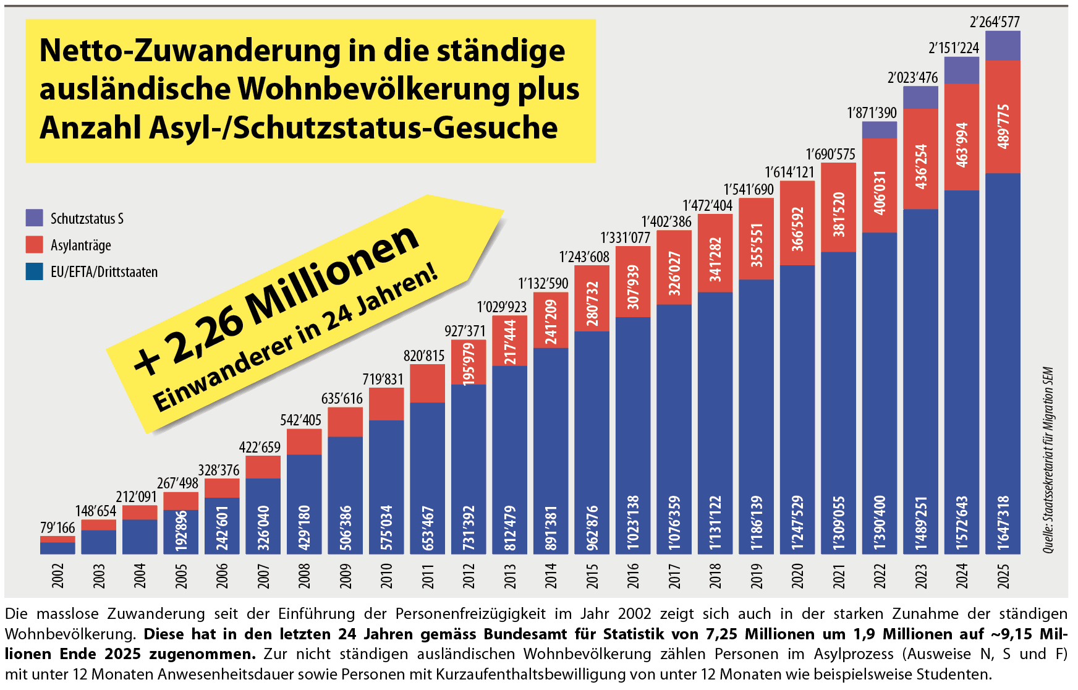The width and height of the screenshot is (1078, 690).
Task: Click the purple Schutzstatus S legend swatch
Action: tap(34, 218)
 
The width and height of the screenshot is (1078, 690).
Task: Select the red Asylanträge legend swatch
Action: tap(34, 244)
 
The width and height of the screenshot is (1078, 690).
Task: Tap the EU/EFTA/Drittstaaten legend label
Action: tap(104, 272)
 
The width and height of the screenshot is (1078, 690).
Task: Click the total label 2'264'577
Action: tap(995, 22)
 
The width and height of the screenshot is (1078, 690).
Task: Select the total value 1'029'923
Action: tap(501, 307)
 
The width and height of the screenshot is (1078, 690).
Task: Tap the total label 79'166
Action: tap(57, 527)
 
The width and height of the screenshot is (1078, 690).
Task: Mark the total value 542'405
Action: tap(300, 420)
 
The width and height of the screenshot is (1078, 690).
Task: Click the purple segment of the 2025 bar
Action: tap(1003, 46)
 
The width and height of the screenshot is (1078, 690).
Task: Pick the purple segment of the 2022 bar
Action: tap(879, 130)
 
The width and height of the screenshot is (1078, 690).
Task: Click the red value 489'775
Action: tap(1003, 126)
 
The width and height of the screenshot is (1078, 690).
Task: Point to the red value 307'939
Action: tap(633, 287)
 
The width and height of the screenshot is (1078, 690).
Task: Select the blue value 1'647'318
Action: tap(1003, 522)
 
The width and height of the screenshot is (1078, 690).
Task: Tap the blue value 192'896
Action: tap(181, 530)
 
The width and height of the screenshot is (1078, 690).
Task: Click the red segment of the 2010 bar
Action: tap(386, 404)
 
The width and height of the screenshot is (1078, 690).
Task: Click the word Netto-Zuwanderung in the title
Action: tap(189, 51)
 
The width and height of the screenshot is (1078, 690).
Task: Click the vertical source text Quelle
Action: tap(1048, 537)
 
